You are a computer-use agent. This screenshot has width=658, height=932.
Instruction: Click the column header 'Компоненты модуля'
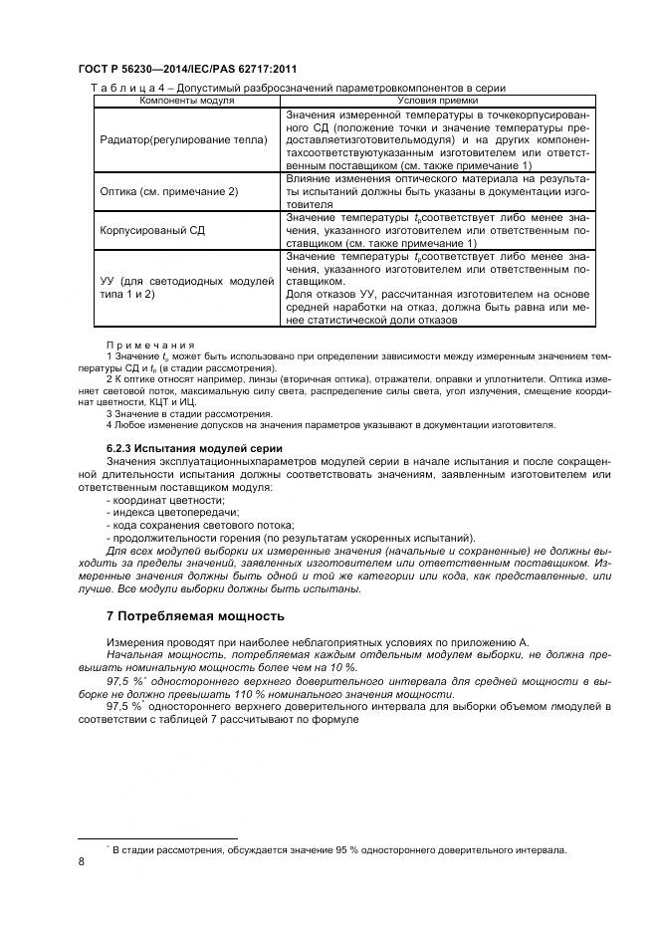click(186, 101)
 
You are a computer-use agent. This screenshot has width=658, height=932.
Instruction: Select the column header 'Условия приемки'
click(437, 101)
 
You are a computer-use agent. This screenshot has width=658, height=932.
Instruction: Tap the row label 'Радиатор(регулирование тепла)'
click(184, 140)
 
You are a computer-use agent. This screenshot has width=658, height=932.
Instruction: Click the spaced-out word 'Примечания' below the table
click(149, 345)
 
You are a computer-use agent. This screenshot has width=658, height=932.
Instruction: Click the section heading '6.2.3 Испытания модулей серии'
click(187, 449)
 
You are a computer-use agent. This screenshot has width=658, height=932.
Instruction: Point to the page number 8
click(81, 862)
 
